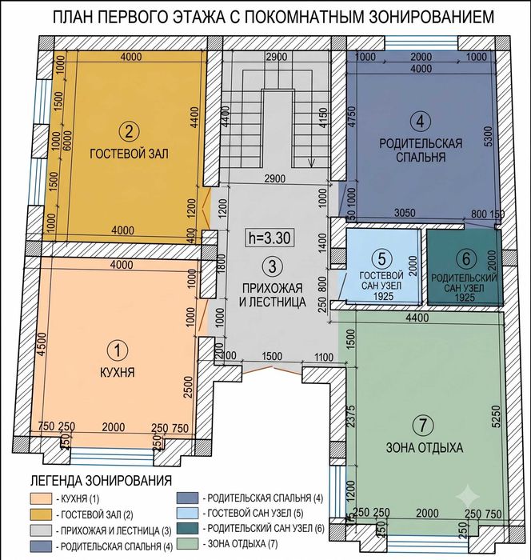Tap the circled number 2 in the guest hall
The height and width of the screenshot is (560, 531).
point(129,132)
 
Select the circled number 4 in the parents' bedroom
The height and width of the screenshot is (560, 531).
point(420,121)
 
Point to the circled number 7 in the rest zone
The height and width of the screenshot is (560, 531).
point(423,425)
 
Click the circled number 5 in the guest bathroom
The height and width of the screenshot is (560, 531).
point(381,258)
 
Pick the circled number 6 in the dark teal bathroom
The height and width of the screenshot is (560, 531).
point(466,258)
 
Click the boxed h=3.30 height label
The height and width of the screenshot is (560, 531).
point(269,238)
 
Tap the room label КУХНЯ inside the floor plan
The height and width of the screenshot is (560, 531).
point(117,373)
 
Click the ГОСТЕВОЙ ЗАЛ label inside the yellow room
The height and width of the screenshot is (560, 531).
point(129,154)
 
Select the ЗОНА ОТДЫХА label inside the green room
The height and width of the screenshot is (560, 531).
point(425,447)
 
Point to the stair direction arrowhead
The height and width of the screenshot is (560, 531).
point(311,163)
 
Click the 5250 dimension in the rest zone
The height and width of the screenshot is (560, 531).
point(495,416)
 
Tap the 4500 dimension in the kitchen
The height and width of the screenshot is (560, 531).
point(42,344)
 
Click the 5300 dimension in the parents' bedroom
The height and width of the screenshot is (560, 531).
point(488,136)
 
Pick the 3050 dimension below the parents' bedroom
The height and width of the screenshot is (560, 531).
point(405,213)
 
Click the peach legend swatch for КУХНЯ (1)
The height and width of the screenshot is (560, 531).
point(42,498)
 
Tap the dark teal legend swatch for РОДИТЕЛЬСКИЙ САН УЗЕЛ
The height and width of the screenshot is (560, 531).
point(187,528)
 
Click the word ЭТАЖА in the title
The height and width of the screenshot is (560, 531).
point(195,17)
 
